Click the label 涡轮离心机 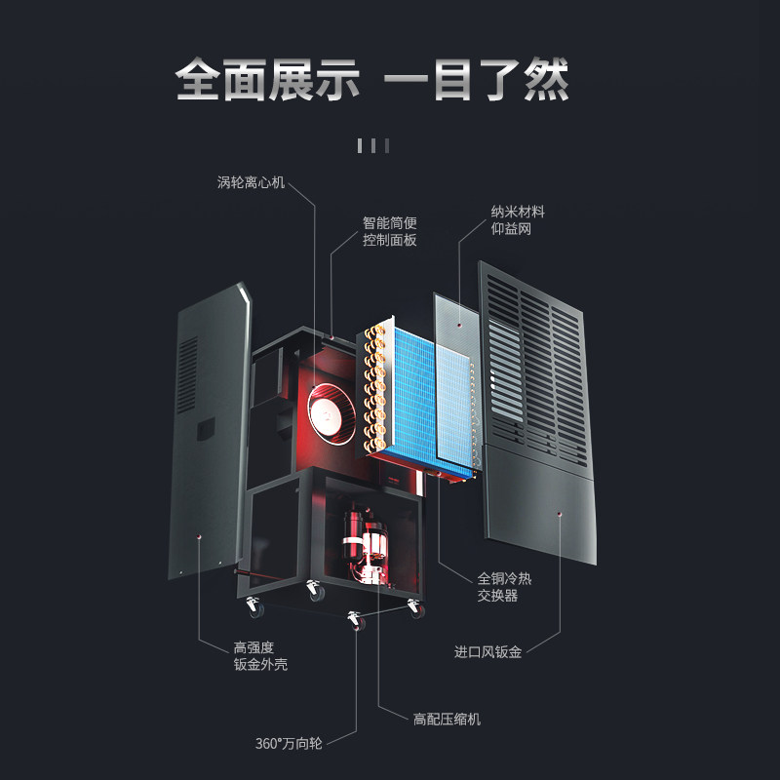tap(251, 182)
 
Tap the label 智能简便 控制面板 tap(389, 231)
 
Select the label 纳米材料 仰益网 tap(518, 220)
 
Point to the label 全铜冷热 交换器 tap(504, 587)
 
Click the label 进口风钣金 tap(488, 652)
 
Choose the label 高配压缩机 tap(448, 720)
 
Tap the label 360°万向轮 tap(289, 744)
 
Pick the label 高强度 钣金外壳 tap(260, 656)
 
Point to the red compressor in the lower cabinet tap(367, 546)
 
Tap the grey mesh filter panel tap(456, 378)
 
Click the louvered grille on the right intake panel tap(537, 370)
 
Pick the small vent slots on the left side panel tap(187, 376)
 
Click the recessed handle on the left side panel tap(206, 429)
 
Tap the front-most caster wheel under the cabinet tap(356, 621)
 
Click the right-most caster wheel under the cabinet tap(415, 608)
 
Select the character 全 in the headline tap(198, 80)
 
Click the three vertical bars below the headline tap(373, 145)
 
